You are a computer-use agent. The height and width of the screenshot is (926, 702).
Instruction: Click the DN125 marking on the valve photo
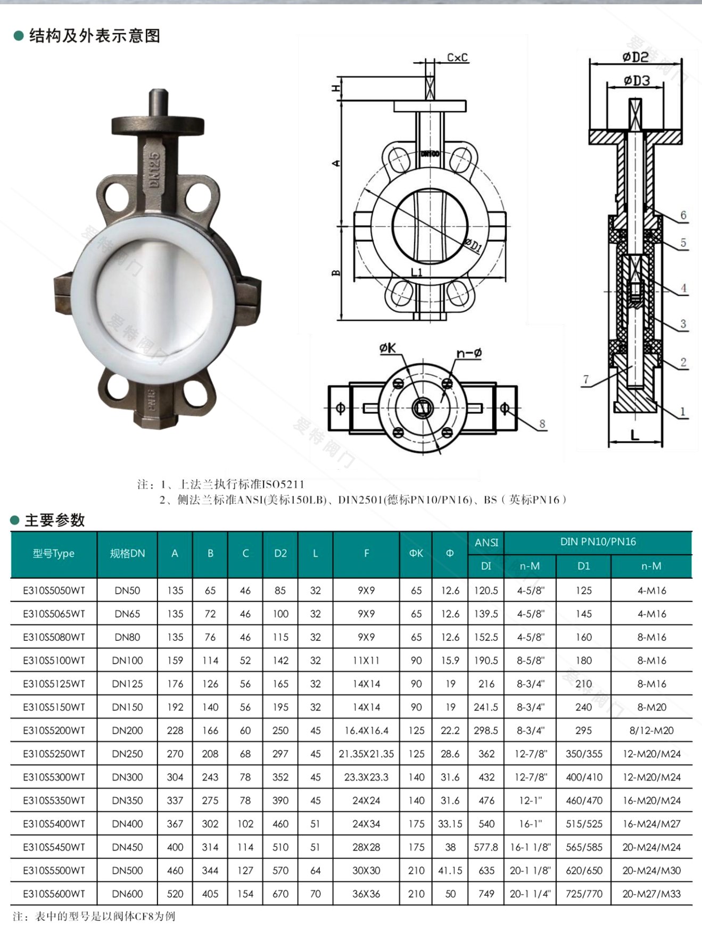tap(154, 170)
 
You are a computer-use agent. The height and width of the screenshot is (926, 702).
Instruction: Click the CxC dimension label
tap(457, 57)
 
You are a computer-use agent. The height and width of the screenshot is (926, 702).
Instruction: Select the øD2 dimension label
tap(635, 57)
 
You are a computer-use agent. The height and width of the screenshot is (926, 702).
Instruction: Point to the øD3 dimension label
tap(637, 81)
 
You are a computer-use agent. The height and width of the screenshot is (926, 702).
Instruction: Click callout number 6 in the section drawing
tap(683, 215)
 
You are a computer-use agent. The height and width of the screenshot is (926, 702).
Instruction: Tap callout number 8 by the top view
tap(542, 424)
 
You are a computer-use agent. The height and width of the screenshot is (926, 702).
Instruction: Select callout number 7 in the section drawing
tap(586, 379)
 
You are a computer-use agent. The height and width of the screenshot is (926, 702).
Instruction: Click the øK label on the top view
tap(387, 348)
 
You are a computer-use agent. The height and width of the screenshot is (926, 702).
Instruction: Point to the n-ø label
tap(469, 353)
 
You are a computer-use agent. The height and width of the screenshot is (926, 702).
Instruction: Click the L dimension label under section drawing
tap(635, 435)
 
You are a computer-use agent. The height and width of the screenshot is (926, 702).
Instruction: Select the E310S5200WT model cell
tap(54, 730)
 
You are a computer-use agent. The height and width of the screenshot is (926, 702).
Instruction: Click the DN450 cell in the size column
tap(127, 847)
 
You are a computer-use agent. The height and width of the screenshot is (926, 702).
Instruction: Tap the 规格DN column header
tap(127, 554)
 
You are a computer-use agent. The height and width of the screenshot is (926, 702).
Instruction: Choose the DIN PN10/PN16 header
tap(598, 542)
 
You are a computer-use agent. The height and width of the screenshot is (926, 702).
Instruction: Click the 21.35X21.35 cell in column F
tap(366, 754)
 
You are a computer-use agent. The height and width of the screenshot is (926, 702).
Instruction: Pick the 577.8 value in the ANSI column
tap(486, 847)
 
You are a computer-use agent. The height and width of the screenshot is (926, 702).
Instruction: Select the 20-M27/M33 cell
tap(651, 894)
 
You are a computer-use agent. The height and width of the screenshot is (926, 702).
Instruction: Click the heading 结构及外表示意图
tap(95, 36)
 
